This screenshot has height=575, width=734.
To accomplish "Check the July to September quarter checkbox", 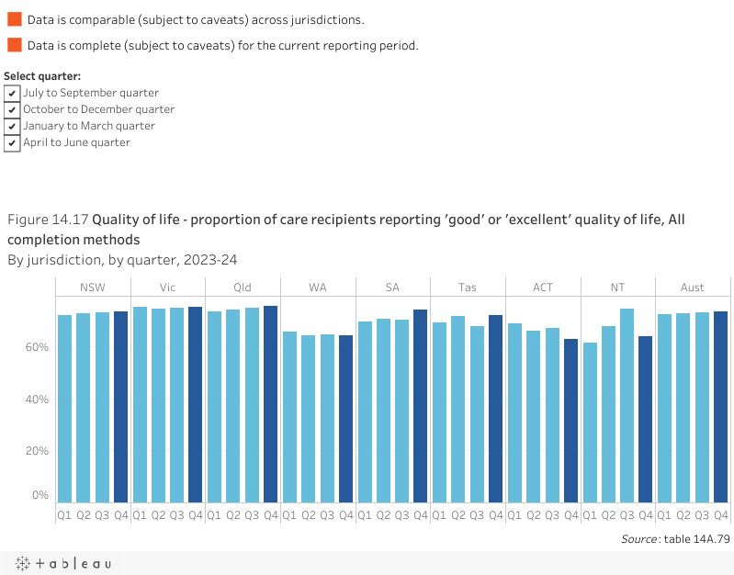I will [x=12, y=93].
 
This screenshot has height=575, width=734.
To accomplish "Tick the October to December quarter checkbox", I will [x=12, y=109].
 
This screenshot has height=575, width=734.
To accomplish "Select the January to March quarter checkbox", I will [x=12, y=126].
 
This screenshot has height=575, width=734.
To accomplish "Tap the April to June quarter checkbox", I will [x=12, y=142].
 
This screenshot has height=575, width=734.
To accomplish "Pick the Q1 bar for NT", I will [x=590, y=423].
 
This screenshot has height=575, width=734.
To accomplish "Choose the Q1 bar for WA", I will [x=289, y=417].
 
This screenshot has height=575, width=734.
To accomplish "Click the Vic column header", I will [x=168, y=287].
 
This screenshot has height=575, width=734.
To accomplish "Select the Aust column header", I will [x=693, y=287].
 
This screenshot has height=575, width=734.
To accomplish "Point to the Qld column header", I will [x=243, y=287].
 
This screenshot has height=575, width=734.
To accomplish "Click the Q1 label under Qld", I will [x=214, y=515].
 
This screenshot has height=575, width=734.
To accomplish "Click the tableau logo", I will [x=62, y=563].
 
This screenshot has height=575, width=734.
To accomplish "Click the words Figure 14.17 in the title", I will [x=48, y=220].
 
